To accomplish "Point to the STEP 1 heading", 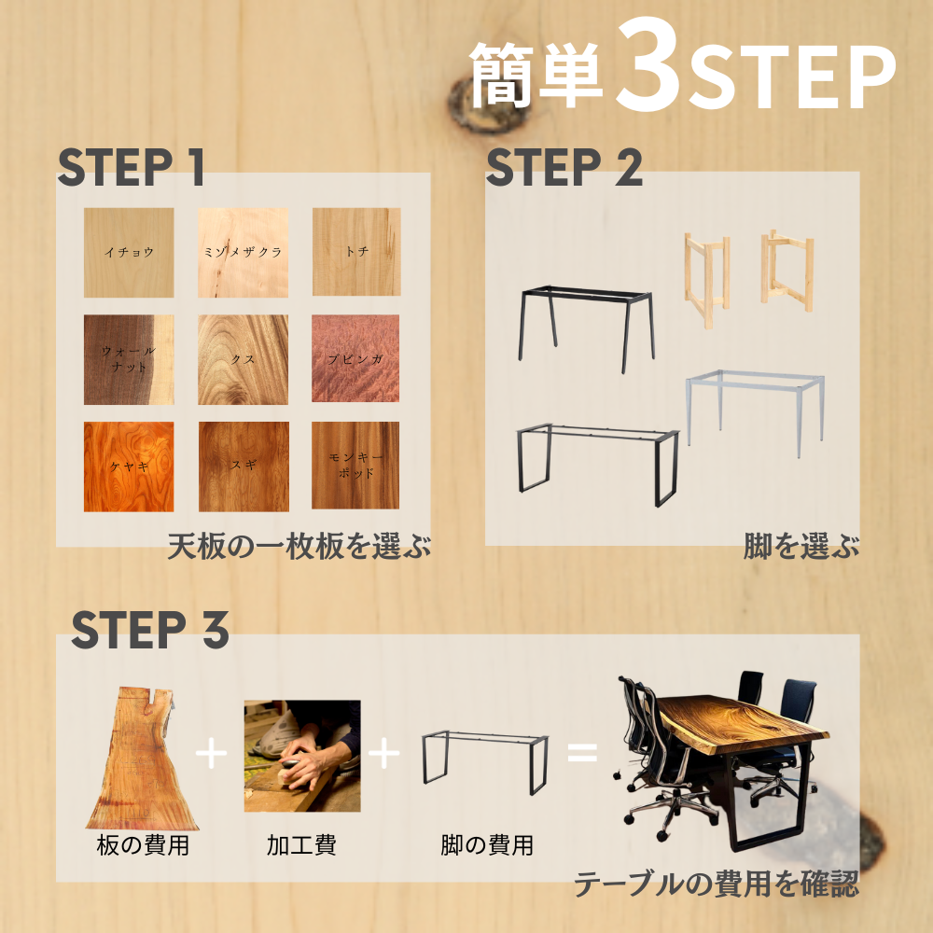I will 131,168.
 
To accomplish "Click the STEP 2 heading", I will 564,168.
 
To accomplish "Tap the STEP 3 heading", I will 149,631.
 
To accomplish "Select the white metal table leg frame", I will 756,411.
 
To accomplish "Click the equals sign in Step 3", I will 582,752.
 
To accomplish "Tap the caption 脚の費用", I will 487,846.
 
